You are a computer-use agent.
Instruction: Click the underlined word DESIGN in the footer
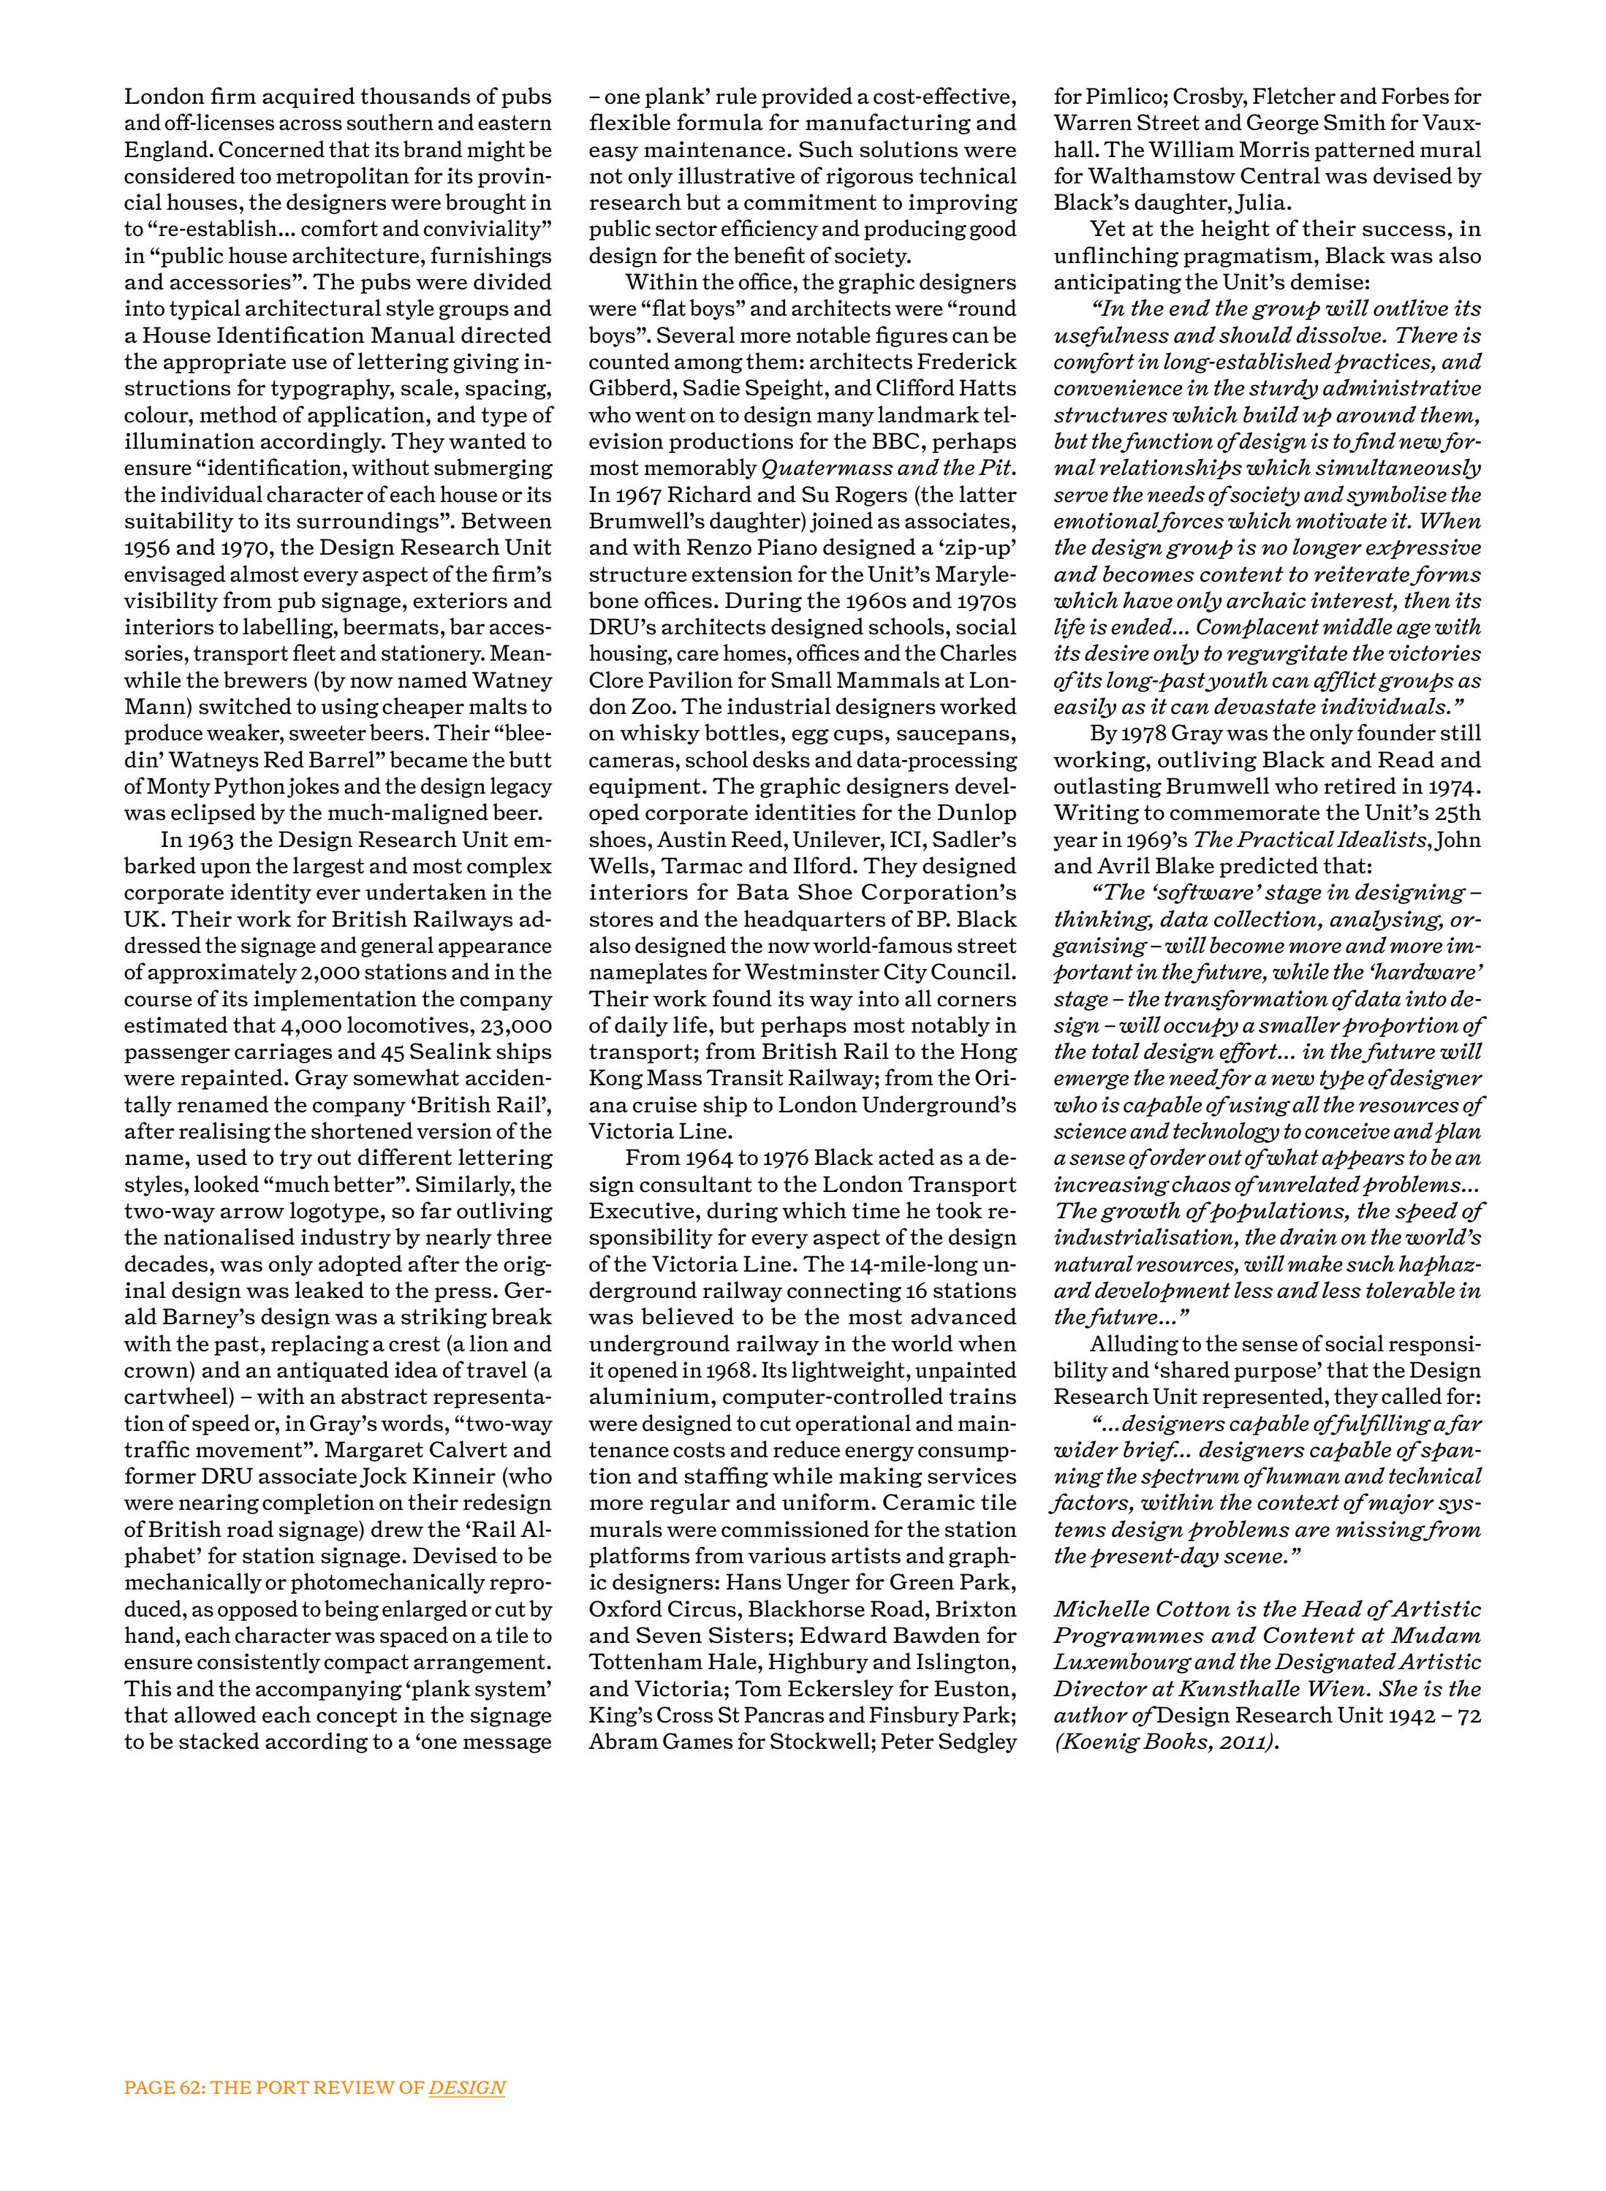(x=466, y=2088)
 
